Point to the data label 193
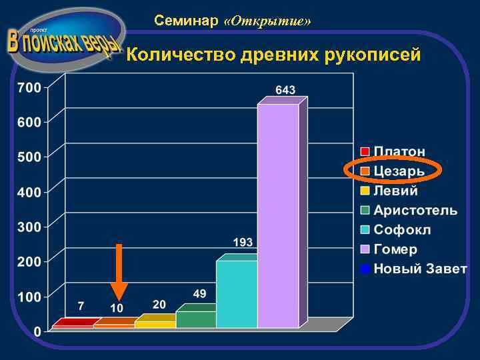click(243, 241)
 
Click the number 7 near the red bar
click(81, 306)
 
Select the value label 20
click(159, 304)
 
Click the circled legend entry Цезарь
click(399, 171)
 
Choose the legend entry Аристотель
click(415, 211)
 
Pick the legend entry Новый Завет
click(419, 269)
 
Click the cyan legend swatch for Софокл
click(365, 230)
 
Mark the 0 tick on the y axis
click(37, 331)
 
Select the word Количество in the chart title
click(176, 55)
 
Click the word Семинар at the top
click(186, 21)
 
